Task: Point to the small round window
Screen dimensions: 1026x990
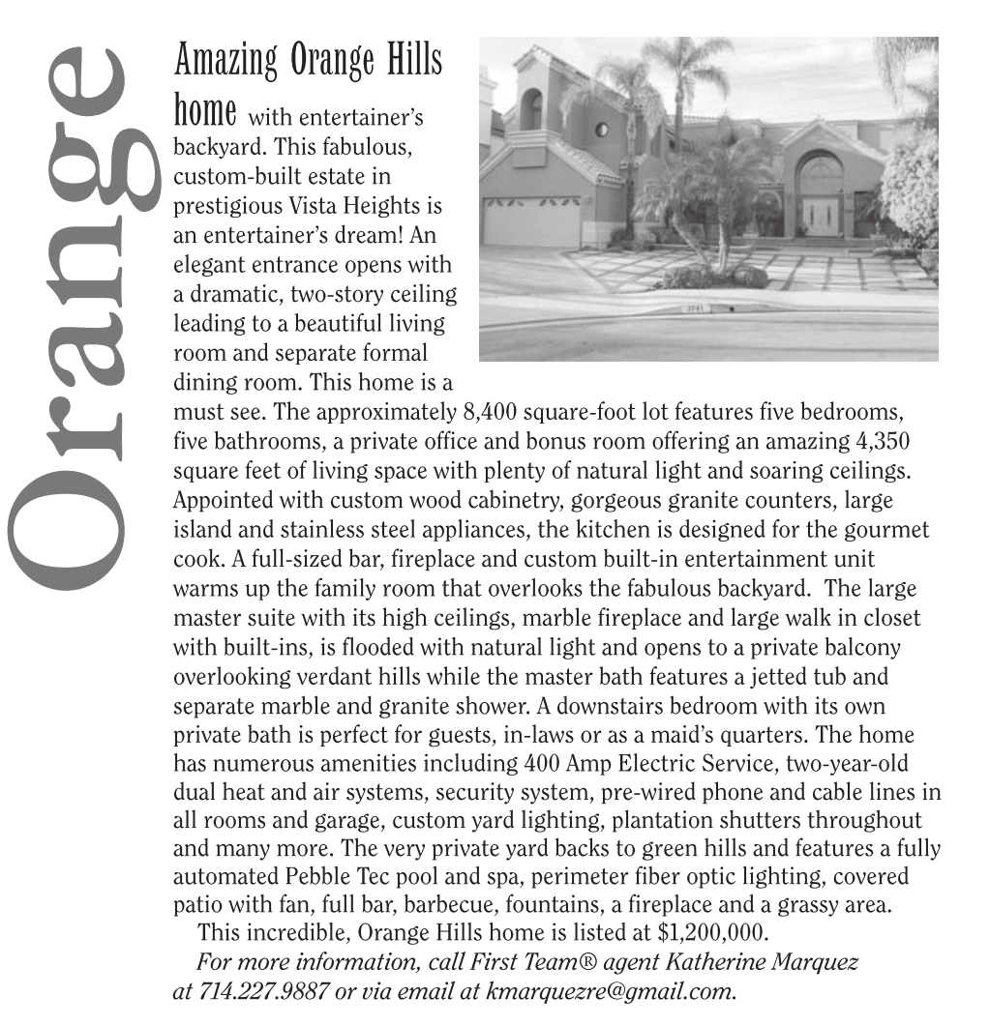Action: pos(601,130)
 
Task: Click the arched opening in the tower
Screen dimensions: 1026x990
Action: pos(531,109)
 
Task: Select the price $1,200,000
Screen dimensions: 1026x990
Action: pos(712,933)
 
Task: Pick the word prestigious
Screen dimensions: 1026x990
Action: pos(226,206)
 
